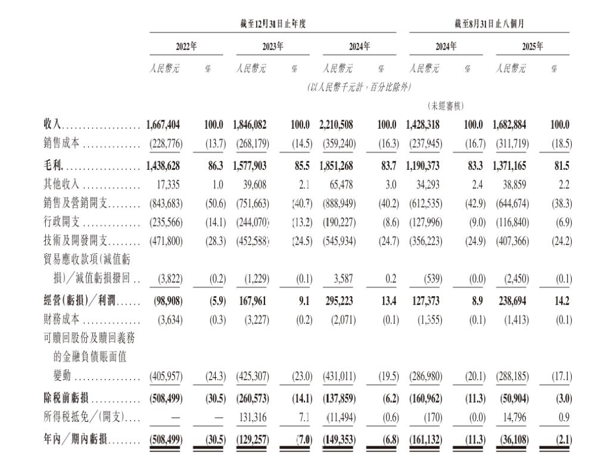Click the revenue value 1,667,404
coord(163,125)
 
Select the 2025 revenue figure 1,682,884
coord(510,125)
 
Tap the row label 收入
coord(52,125)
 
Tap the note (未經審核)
coord(446,105)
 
